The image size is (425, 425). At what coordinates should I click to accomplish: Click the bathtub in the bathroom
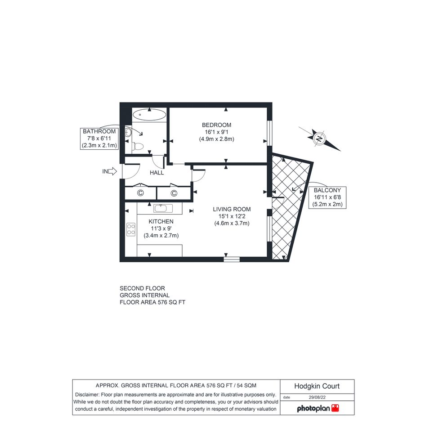[149, 115]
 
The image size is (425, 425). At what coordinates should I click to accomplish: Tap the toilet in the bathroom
[138, 147]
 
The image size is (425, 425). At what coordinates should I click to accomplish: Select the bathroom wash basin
[128, 133]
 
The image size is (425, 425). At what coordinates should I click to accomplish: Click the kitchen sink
[163, 208]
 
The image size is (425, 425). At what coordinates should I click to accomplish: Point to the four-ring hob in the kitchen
[131, 229]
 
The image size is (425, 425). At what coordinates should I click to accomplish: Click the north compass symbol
[320, 139]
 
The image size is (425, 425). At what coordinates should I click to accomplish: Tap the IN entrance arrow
[109, 171]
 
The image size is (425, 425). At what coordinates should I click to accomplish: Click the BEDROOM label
[217, 125]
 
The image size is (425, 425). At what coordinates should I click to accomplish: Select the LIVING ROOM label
[232, 209]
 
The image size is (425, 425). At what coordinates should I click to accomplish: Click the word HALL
[157, 173]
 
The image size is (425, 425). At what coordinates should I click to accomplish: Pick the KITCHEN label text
[161, 221]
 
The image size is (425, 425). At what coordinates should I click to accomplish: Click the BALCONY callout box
[327, 197]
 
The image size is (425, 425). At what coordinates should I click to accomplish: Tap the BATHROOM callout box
[99, 139]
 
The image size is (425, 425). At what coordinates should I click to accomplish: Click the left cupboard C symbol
[140, 193]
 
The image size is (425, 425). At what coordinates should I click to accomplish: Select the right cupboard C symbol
[174, 193]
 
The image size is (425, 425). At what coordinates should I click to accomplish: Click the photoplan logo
[318, 408]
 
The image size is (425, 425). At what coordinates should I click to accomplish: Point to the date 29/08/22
[317, 398]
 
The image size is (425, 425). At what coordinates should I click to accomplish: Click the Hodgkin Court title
[317, 386]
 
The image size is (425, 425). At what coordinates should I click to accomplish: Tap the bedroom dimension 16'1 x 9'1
[217, 132]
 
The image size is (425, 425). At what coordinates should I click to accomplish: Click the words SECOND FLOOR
[142, 288]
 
